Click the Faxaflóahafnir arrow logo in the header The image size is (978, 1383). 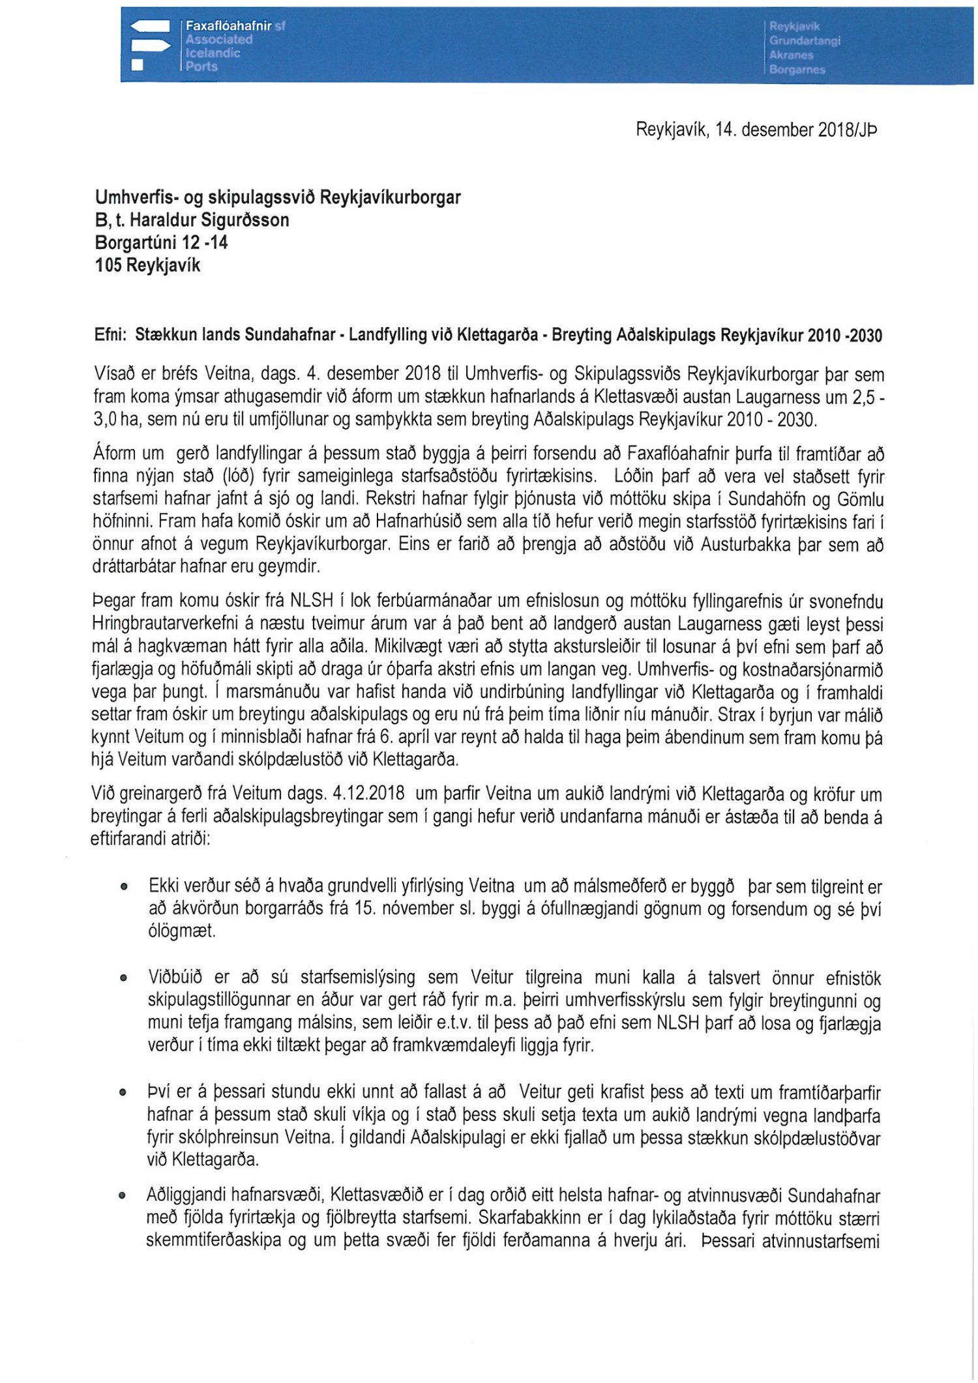151,45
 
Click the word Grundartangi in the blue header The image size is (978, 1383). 805,40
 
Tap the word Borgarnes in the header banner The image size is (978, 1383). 797,70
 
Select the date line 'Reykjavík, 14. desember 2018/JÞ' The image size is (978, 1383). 756,130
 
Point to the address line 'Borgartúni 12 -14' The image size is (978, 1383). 161,242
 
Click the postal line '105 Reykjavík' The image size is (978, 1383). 147,265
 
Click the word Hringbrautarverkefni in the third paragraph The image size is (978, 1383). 168,624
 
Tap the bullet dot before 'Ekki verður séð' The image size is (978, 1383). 123,887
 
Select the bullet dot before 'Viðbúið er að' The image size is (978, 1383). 123,978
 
